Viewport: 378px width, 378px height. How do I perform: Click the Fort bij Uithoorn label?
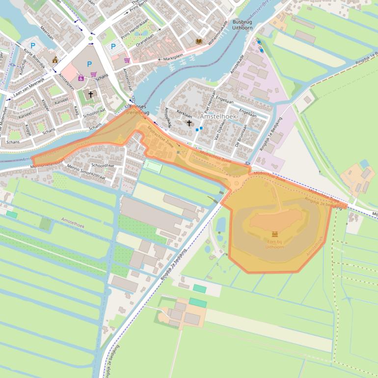[274, 244]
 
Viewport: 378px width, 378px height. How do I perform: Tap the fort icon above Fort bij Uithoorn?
[274, 235]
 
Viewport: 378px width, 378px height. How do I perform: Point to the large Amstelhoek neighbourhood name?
[218, 117]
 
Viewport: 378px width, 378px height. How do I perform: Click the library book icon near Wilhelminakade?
[199, 42]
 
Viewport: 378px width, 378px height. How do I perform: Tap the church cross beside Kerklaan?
[189, 123]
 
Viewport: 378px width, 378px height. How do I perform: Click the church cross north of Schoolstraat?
[90, 94]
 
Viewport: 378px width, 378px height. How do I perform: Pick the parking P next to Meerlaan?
[33, 46]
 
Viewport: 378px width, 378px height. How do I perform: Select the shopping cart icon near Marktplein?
[127, 60]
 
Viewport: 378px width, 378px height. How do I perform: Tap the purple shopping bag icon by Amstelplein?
[81, 78]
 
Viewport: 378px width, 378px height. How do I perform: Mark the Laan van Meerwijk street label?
[28, 86]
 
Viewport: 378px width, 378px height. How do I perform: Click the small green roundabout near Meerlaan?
[91, 38]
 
